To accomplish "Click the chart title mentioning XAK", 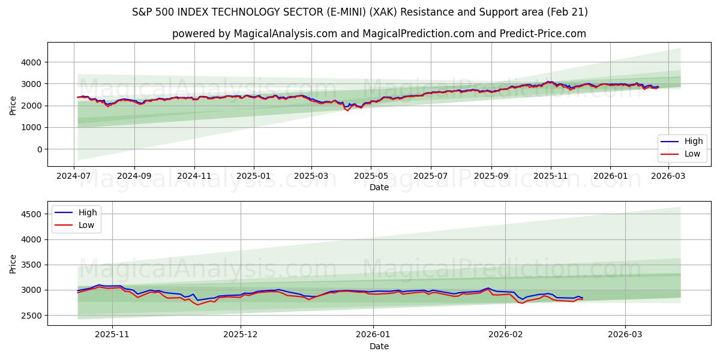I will (360, 12).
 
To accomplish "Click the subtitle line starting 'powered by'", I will (379, 34).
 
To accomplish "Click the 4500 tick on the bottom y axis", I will (29, 214).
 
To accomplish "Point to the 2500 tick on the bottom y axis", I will (29, 315).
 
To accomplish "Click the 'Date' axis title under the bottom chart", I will (379, 346).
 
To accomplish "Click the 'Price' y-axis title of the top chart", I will (13, 105).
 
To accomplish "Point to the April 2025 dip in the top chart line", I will (347, 110).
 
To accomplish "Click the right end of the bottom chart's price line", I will (583, 298).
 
